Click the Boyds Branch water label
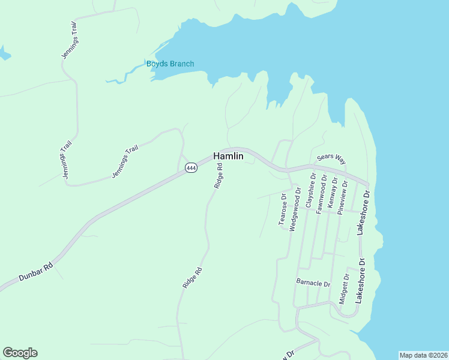point(170,64)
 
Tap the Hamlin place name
point(229,156)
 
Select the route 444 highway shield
point(191,168)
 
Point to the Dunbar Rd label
point(35,268)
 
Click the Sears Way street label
point(332,158)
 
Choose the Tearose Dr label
point(283,208)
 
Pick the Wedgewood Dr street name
point(294,209)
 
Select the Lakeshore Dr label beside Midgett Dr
point(360,280)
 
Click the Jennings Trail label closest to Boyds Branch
point(70,40)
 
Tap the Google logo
point(20,353)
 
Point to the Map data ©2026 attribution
point(423,355)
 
